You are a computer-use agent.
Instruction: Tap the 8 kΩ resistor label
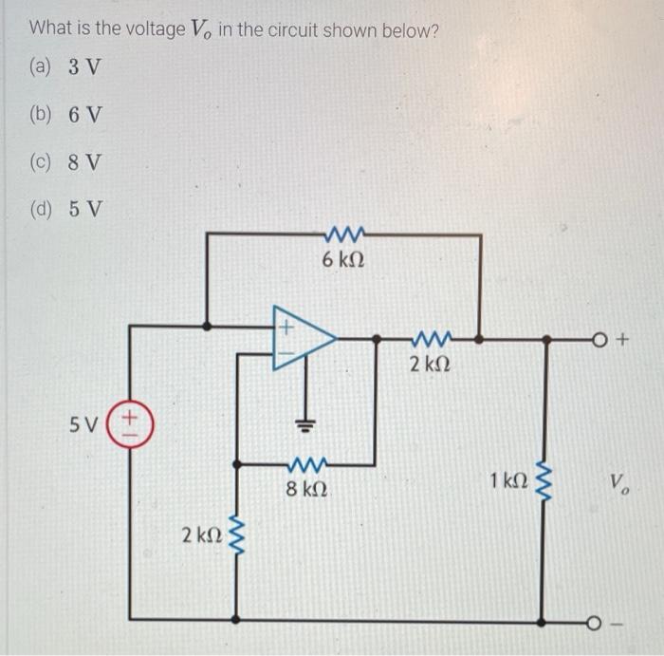[306, 491]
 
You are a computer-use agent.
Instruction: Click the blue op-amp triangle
[302, 337]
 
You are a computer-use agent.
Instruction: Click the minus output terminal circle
[592, 624]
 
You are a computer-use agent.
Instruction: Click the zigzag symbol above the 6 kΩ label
[341, 234]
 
